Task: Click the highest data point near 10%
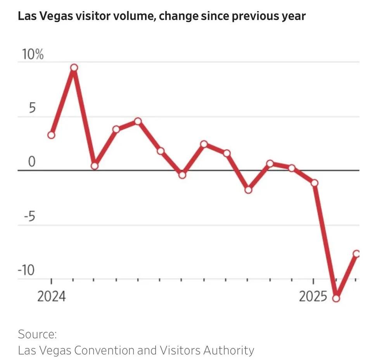(x=74, y=68)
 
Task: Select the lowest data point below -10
(x=336, y=298)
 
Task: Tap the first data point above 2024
(x=51, y=135)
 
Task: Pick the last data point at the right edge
(x=357, y=254)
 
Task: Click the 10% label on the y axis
(x=31, y=55)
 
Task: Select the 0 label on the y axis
(x=31, y=162)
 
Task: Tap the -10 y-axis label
(x=26, y=270)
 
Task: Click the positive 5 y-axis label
(x=32, y=109)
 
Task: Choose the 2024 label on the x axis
(x=52, y=297)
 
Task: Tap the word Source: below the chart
(x=37, y=334)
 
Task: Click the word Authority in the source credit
(x=228, y=350)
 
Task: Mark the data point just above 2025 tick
(x=315, y=183)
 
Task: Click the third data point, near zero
(x=95, y=166)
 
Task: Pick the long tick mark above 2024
(x=52, y=281)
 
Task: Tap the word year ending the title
(x=294, y=17)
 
